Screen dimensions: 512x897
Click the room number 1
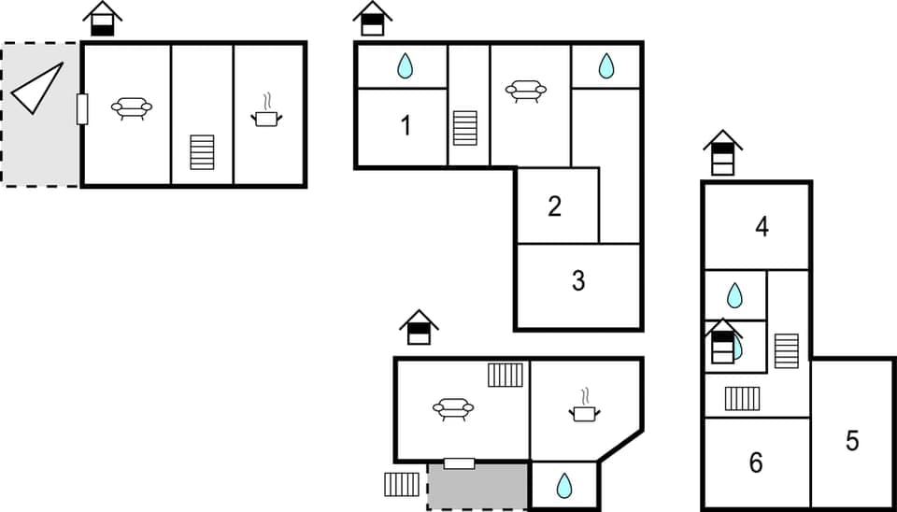(406, 125)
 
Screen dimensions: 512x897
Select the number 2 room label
(554, 206)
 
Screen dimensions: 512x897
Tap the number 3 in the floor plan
(578, 279)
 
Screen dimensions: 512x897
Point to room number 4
(762, 226)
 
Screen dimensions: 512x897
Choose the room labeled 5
(852, 440)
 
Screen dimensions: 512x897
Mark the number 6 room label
(756, 462)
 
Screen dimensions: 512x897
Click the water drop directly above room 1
(405, 65)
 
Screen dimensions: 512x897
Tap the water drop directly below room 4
(735, 296)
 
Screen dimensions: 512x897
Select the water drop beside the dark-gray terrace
(564, 486)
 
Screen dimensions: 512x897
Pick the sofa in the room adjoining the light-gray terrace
(132, 108)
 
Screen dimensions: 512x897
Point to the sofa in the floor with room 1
(526, 91)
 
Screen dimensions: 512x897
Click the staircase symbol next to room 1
(465, 128)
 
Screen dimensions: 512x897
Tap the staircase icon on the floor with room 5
(787, 350)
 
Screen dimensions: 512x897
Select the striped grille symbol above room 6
(743, 399)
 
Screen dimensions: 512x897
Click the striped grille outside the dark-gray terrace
(402, 484)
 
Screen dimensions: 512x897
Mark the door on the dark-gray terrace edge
(459, 463)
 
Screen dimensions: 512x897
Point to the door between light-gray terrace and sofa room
(82, 109)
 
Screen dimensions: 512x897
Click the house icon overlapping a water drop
(723, 342)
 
